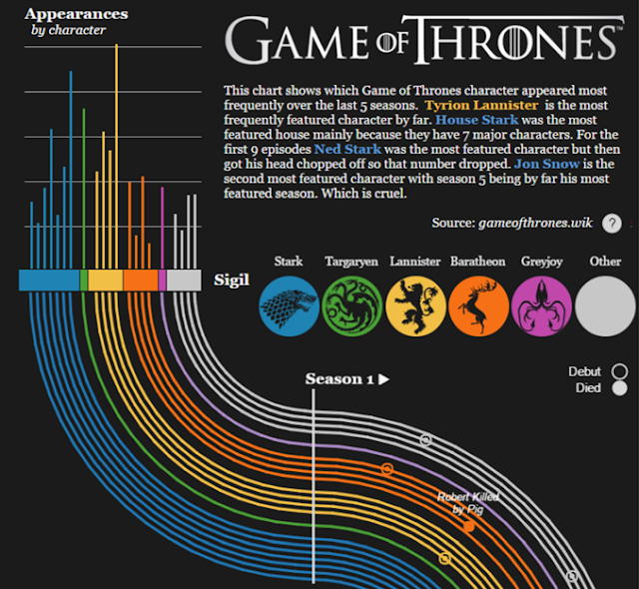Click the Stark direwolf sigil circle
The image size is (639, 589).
(289, 305)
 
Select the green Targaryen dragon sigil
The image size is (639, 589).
(351, 305)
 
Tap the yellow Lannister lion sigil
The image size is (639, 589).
(415, 305)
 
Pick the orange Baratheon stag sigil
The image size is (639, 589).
(478, 305)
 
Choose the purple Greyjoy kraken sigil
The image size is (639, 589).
(541, 305)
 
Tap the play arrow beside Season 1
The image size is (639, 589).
(383, 379)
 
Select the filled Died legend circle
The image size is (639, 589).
(619, 387)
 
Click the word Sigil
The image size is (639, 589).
(232, 280)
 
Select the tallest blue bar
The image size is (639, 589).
(70, 170)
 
